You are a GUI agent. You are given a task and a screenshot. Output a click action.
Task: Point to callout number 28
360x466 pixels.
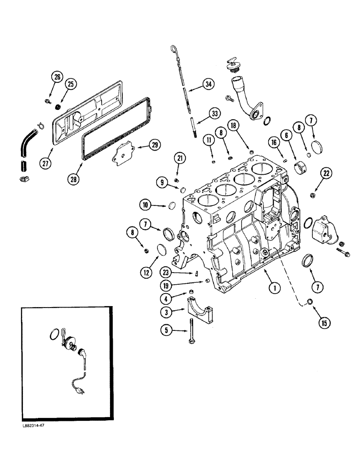(75, 178)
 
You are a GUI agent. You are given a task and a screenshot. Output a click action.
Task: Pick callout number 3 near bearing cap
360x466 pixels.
(166, 310)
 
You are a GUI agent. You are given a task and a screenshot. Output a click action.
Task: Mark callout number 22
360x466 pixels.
(325, 173)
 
